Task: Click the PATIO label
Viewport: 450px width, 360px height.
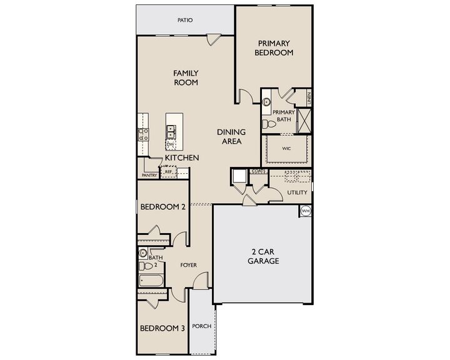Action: (184, 20)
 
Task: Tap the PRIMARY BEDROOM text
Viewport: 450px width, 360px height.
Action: (273, 48)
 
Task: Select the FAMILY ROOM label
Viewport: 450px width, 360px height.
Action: (186, 77)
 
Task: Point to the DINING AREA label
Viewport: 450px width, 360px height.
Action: (231, 136)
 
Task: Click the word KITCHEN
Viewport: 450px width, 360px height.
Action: (182, 158)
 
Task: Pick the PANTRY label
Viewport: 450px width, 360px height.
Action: (149, 176)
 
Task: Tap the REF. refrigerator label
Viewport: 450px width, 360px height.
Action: (169, 171)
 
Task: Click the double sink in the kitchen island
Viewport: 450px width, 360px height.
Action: (171, 131)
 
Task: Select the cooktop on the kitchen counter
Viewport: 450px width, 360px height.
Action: (142, 132)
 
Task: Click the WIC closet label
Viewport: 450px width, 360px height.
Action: (287, 149)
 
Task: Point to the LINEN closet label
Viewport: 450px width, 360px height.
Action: (309, 98)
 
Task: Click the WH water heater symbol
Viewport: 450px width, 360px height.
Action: (306, 211)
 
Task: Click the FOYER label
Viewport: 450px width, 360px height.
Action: (189, 265)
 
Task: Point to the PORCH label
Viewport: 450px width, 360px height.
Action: (201, 326)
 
